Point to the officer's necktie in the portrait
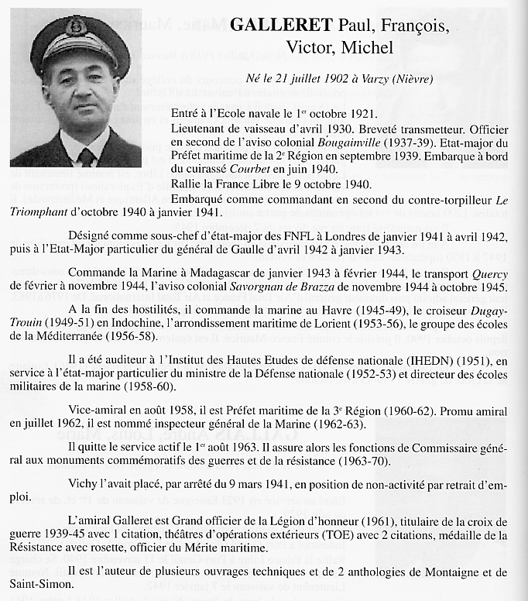coord(85,156)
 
